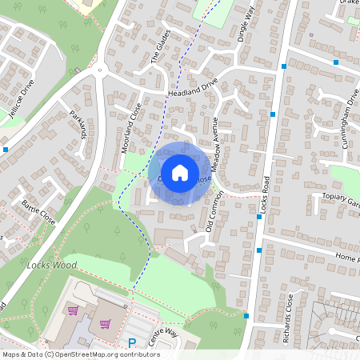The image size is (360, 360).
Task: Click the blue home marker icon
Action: pos(180,172)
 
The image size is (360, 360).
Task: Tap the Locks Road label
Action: pos(266,195)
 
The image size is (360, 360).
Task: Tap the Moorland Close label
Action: pos(131,126)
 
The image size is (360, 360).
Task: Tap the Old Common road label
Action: pos(210,216)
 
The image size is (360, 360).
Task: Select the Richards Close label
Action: pos(290,318)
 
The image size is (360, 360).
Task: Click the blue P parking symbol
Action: pos(132,343)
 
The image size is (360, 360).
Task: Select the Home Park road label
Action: pos(347,258)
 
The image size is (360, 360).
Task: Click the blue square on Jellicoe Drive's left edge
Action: pos(6,149)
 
